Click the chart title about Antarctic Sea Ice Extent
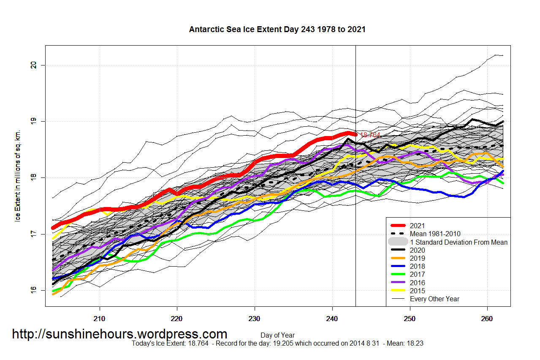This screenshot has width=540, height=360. (277, 30)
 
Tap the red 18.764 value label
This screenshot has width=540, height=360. (370, 135)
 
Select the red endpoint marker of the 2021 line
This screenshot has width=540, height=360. (355, 134)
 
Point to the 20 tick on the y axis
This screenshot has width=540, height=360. (33, 65)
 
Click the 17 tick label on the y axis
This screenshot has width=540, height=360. (33, 234)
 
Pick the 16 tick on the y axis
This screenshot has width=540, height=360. (33, 290)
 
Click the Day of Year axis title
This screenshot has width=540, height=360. (277, 335)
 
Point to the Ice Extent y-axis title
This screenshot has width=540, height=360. (18, 176)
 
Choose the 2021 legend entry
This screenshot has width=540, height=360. (417, 226)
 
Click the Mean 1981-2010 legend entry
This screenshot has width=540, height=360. (435, 234)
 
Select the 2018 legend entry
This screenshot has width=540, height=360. (417, 267)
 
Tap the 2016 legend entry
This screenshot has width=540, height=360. (417, 283)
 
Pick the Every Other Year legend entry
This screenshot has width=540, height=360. (434, 299)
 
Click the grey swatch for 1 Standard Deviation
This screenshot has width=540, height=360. (398, 242)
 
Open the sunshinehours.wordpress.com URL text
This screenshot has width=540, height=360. (119, 334)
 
